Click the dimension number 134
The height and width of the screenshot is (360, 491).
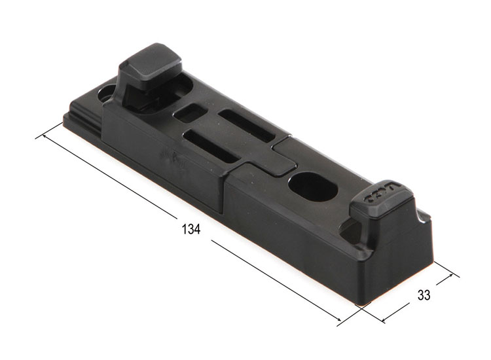(x=191, y=230)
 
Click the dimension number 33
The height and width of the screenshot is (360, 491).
(x=424, y=295)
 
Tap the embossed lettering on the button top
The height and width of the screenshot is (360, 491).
(x=381, y=194)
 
